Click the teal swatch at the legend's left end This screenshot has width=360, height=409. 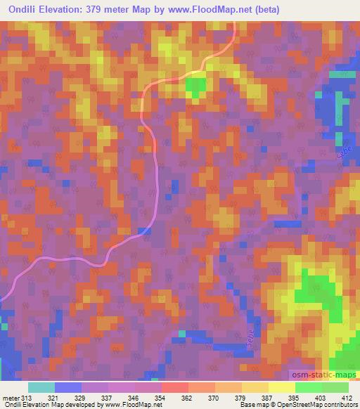pyautogui.click(x=41, y=387)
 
